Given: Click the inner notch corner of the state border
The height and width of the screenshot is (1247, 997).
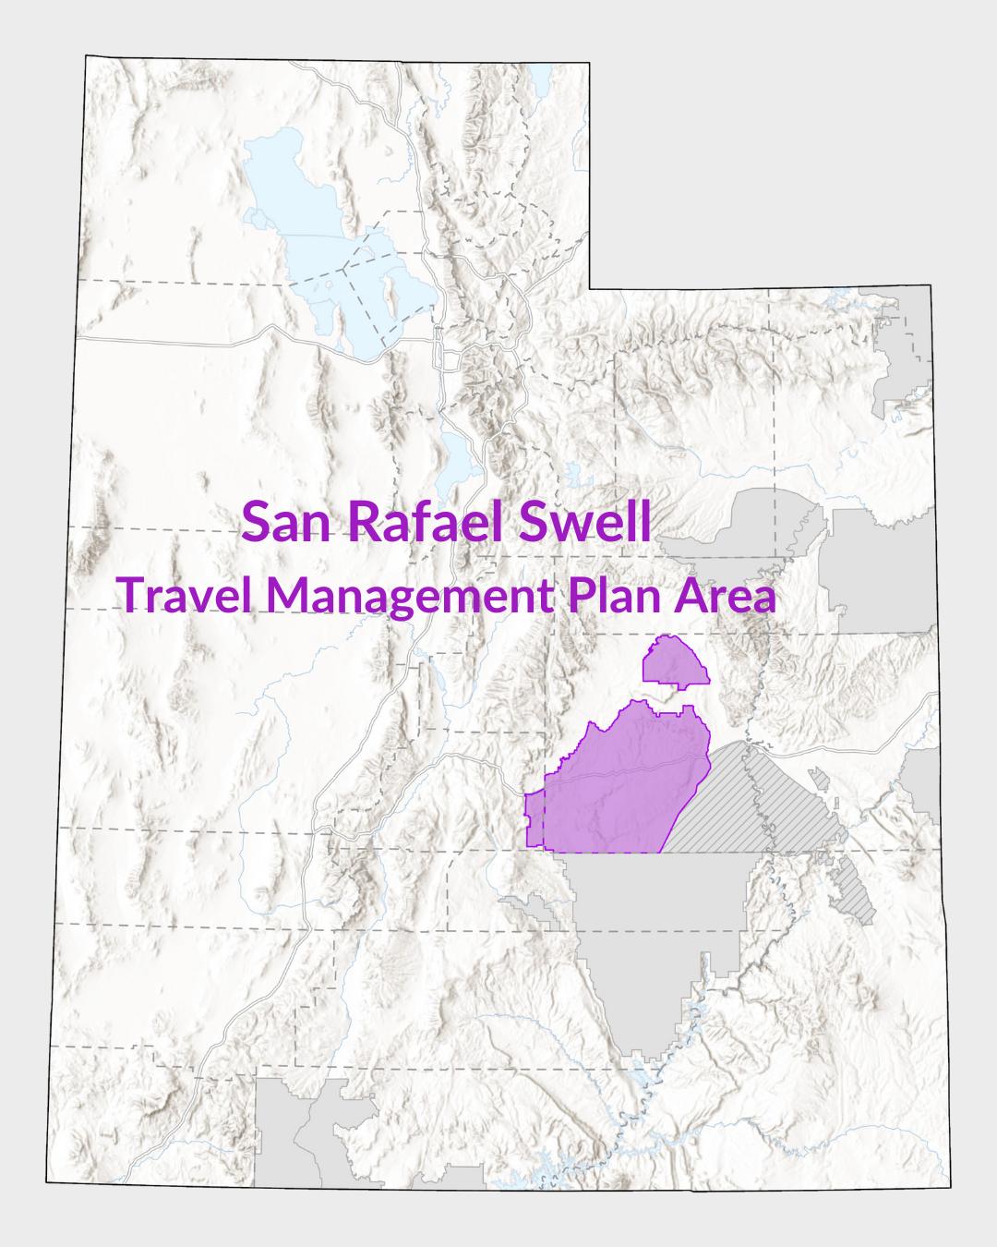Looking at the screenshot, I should (x=590, y=288).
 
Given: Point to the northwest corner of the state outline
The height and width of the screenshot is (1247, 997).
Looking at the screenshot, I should (x=86, y=56).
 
